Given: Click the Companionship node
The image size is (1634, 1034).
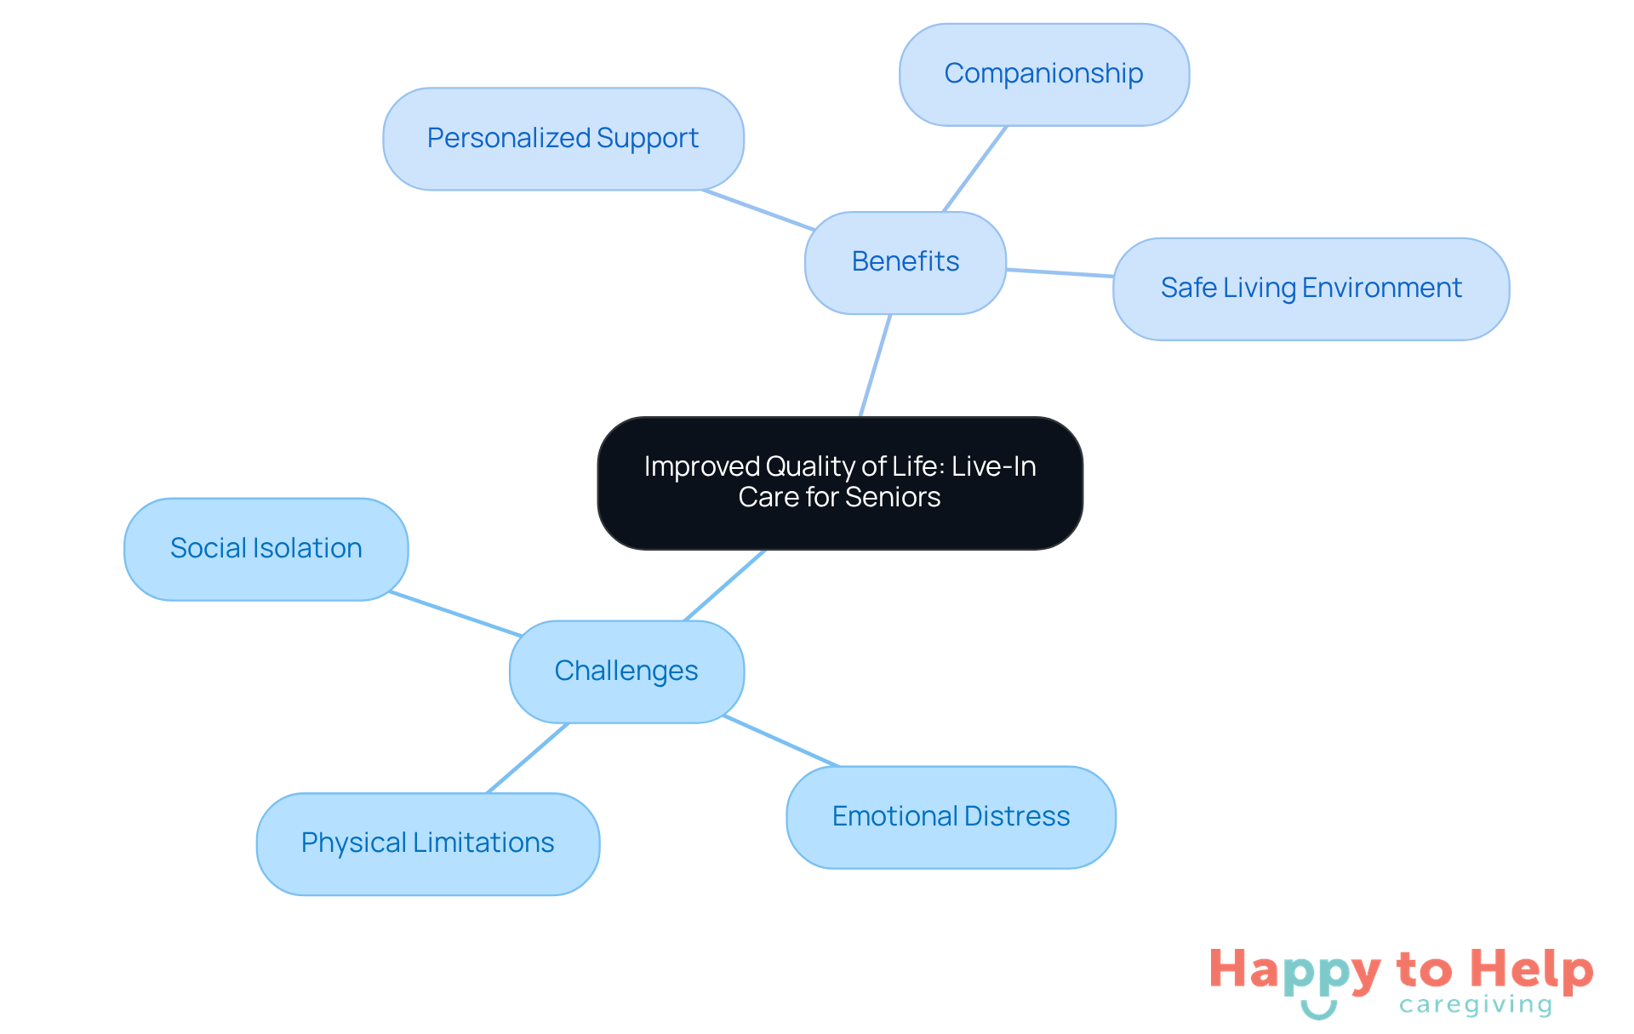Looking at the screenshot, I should click(x=1043, y=75).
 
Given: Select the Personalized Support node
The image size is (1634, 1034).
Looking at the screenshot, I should click(x=563, y=139).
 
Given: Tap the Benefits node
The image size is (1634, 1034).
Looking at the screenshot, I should click(x=905, y=262).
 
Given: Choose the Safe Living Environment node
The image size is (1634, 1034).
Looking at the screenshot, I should click(x=1311, y=288).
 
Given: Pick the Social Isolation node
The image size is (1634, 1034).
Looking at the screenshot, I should click(x=266, y=549).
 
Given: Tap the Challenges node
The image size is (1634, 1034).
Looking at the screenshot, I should click(x=626, y=671).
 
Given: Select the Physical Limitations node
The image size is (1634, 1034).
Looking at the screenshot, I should click(x=427, y=843).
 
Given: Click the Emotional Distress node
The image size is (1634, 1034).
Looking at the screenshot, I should click(x=951, y=817).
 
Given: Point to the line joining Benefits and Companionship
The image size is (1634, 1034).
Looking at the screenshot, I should click(x=975, y=169).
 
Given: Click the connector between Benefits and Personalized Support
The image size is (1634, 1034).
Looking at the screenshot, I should click(x=757, y=210).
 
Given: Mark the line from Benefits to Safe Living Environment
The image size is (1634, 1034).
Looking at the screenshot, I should click(x=1060, y=273).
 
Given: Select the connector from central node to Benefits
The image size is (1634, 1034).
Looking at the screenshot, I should click(x=876, y=365).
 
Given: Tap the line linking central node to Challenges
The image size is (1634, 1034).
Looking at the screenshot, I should click(x=724, y=586).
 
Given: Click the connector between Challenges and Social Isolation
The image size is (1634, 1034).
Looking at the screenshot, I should click(x=455, y=614).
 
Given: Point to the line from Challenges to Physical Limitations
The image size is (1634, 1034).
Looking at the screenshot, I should click(x=528, y=757).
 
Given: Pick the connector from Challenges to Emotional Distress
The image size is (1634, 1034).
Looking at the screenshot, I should click(x=781, y=741).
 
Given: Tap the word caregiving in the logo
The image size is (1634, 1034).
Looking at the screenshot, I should click(x=1475, y=1006).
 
